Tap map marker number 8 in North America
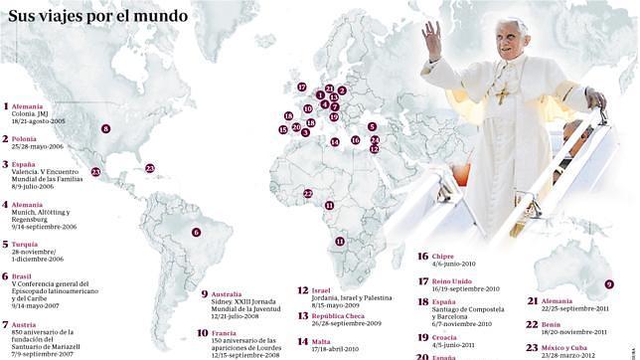click(x=106, y=128)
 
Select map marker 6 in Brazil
click(x=196, y=233)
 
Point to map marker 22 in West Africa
click(x=308, y=194)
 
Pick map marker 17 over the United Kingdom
click(x=301, y=88)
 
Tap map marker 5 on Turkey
click(x=372, y=127)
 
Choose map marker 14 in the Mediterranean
click(x=335, y=141)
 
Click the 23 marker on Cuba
click(x=149, y=169)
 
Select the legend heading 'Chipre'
click(x=443, y=256)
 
